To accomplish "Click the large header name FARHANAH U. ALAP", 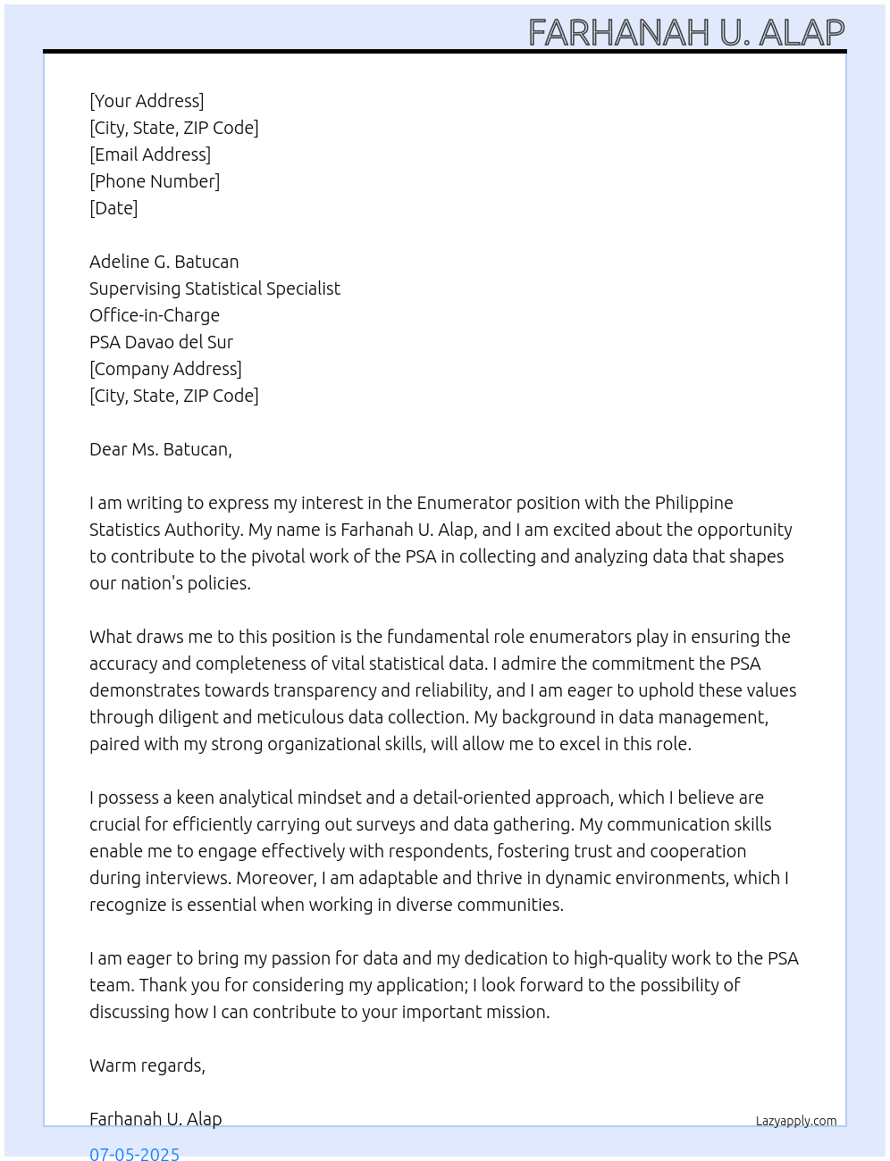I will coord(686,33).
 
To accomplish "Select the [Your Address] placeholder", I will coord(147,101).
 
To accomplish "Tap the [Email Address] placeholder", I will coord(150,155).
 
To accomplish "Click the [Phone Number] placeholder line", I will coord(155,181).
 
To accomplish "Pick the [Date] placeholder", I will coord(113,208).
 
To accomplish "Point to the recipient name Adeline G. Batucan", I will coord(164,262).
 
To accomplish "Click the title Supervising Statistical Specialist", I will coord(214,288).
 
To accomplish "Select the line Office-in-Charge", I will coord(155,315).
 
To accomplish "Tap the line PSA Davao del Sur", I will coord(161,342).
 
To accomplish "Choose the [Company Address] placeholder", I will coord(165,369).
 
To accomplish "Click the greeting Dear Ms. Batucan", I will coord(161,449).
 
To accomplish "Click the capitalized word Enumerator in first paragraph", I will coord(463,503).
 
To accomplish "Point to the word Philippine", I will coord(693,503).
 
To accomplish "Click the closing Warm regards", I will coord(147,1065).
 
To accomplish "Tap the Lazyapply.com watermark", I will coord(796,1121).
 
